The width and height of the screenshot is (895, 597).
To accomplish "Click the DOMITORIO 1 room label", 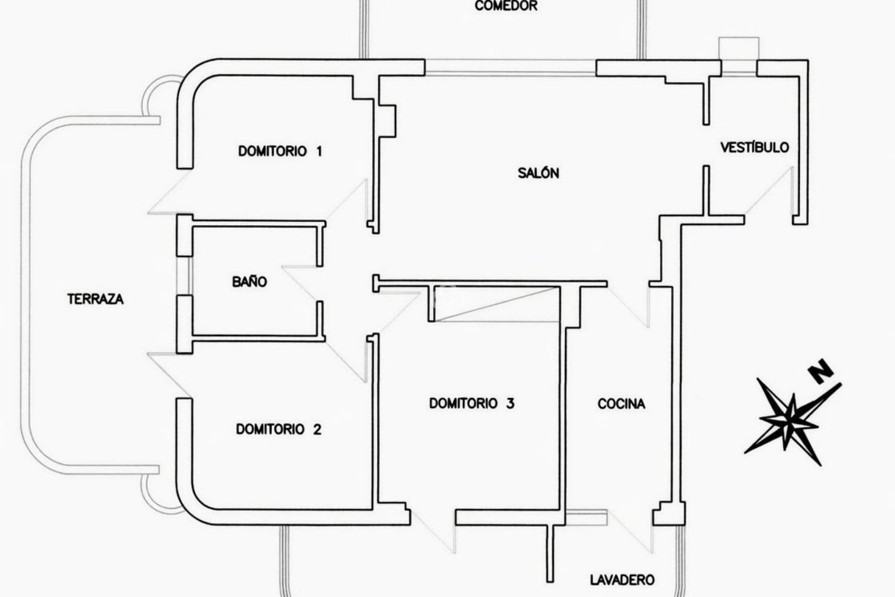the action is (x=280, y=151).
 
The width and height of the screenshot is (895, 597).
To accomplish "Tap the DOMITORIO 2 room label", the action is (x=278, y=429).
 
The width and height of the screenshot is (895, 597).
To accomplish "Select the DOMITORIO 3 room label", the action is (x=472, y=403).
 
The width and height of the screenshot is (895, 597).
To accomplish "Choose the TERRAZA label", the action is (x=96, y=298).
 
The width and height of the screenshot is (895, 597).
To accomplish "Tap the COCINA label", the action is (x=621, y=403).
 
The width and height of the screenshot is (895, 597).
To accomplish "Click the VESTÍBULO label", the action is (x=755, y=147).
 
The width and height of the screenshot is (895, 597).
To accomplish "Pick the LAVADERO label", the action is (x=622, y=580).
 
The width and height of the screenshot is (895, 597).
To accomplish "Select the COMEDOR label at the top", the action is (x=506, y=6).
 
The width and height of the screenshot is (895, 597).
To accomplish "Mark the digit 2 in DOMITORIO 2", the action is (x=317, y=429).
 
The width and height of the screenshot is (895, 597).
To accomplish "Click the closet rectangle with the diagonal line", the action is (x=494, y=304).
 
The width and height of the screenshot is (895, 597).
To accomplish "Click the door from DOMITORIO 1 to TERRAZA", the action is (x=170, y=192).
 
